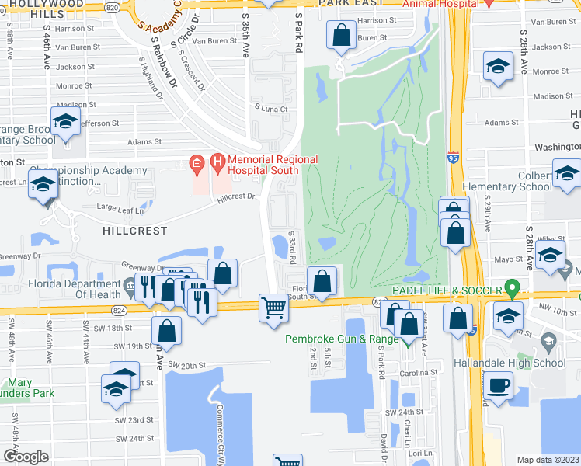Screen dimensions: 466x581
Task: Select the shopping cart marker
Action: pyautogui.click(x=273, y=308)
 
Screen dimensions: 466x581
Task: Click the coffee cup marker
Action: pyautogui.click(x=497, y=384)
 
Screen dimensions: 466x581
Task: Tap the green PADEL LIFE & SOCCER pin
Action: pyautogui.click(x=511, y=290)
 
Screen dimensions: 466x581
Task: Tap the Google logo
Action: pyautogui.click(x=26, y=457)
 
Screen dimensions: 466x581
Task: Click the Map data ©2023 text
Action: pyautogui.click(x=548, y=460)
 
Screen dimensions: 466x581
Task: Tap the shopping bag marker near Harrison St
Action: pyautogui.click(x=341, y=35)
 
